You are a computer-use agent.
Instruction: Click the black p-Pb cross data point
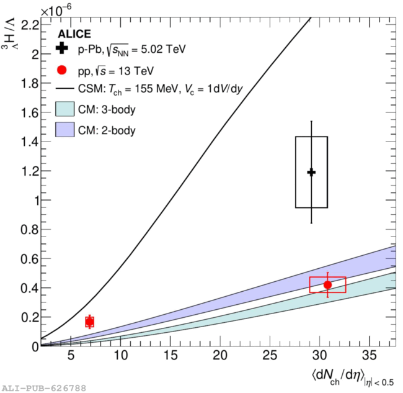point(311,172)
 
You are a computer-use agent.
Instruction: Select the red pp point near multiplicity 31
point(327,285)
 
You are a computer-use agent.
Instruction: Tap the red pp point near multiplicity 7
point(89,322)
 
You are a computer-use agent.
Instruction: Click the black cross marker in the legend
point(61,48)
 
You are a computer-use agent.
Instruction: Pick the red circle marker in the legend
point(61,70)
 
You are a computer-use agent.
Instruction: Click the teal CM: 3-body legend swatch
point(64,109)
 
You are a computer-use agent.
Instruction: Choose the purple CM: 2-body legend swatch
point(64,130)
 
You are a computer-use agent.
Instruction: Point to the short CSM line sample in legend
point(64,89)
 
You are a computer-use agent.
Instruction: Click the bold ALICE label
point(74,34)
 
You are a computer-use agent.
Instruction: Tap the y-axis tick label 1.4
point(30,142)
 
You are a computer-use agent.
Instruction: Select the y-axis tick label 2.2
point(30,25)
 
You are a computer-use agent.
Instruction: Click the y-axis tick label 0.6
point(30,259)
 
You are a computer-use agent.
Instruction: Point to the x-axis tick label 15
point(170,356)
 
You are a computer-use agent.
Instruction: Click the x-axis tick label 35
point(370,356)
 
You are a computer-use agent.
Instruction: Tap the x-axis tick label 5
point(71,356)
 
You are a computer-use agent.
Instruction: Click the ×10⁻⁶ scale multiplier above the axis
point(56,10)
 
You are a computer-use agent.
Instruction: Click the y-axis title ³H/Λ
point(9,34)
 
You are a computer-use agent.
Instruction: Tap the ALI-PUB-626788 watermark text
point(44,388)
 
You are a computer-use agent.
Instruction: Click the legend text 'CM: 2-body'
point(107,130)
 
